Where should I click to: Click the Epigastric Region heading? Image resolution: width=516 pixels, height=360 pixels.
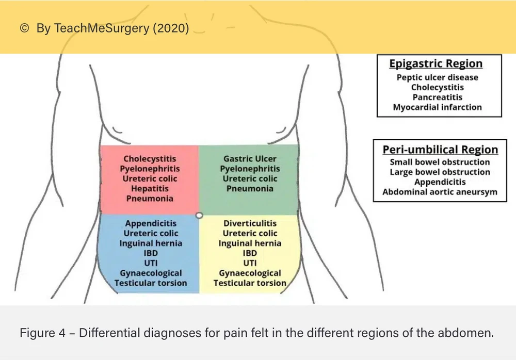coord(436,64)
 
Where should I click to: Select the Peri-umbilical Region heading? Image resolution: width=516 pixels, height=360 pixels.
coord(440,150)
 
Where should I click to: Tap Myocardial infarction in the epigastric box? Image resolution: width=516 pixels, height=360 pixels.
coord(437,107)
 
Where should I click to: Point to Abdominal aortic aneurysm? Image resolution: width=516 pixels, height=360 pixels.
coord(440,192)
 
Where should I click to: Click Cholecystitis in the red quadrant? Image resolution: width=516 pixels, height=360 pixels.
coord(150,159)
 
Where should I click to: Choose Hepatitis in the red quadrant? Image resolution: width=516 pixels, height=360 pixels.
coord(150,189)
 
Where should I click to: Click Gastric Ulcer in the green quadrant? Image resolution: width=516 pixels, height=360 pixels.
coord(250,159)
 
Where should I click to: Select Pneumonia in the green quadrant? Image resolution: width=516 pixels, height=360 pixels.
coord(250,189)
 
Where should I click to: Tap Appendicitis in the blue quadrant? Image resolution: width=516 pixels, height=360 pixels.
coord(151,223)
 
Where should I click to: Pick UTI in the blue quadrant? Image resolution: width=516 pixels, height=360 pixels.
coord(151,263)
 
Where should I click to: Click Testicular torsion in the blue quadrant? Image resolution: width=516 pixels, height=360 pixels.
coord(151,283)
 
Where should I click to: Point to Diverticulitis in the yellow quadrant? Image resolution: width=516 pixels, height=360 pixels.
coord(250,223)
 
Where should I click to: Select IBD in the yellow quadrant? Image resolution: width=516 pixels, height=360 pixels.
coord(250,253)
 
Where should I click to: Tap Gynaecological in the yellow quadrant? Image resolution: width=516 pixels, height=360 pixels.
coord(250,273)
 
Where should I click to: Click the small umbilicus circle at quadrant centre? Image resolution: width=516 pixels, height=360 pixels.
coord(199,215)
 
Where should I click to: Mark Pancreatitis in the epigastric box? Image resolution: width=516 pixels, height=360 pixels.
coord(437,97)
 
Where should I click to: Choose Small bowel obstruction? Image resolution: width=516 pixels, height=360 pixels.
coord(440,162)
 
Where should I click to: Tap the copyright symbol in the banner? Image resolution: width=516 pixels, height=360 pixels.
coord(24,28)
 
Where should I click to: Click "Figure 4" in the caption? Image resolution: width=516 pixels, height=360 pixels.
coord(42,333)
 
